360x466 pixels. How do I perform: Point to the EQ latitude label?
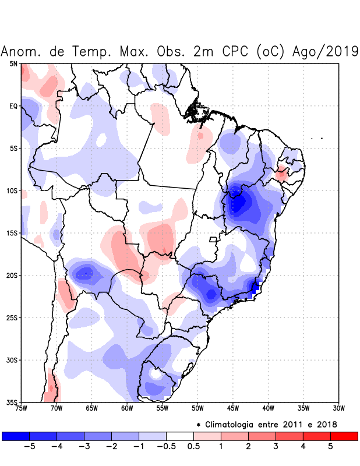[13, 106]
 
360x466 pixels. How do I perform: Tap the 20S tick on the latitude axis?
[13, 276]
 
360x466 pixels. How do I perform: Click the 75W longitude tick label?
[22, 408]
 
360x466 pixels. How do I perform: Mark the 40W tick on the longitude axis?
[268, 408]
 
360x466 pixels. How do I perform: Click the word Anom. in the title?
[21, 51]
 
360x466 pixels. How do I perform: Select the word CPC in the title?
[236, 51]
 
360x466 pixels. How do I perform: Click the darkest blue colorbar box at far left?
[16, 436]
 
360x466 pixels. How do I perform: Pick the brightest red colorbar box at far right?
[344, 436]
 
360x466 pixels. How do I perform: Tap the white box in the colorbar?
[180, 436]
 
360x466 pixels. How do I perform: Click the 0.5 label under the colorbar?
[193, 447]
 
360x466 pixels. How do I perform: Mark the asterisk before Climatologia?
[199, 424]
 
